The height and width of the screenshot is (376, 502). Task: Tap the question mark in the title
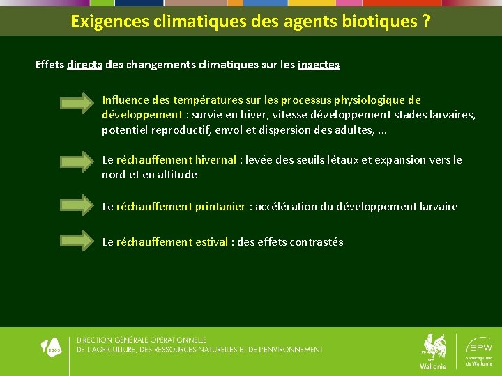425,22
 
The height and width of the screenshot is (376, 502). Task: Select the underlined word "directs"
85,65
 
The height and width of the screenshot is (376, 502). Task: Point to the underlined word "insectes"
319,65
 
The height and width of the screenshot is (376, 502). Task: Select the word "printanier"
220,207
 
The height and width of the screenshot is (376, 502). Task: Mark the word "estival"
212,242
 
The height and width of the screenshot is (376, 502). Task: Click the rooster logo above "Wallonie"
433,347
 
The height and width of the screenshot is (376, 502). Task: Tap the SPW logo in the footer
479,347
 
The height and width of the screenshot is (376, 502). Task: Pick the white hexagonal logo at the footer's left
52,346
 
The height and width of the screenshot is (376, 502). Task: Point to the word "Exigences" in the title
105,22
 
